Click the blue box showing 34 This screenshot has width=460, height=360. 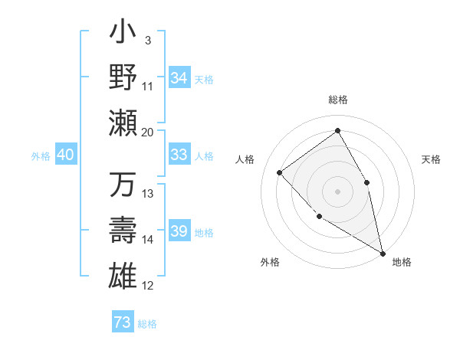[x=179, y=78]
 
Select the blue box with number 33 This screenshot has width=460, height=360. [x=179, y=155]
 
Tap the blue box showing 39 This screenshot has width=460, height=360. [x=179, y=231]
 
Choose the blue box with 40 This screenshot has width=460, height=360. [x=65, y=155]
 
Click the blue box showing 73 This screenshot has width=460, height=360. [x=123, y=322]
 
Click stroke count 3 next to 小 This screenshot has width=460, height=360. [x=147, y=40]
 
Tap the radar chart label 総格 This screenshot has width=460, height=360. [x=337, y=100]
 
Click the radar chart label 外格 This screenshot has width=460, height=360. [x=270, y=262]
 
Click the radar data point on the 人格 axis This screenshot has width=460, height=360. [x=280, y=172]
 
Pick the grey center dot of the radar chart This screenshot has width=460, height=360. [x=337, y=191]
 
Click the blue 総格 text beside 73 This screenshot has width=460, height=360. [x=147, y=324]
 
